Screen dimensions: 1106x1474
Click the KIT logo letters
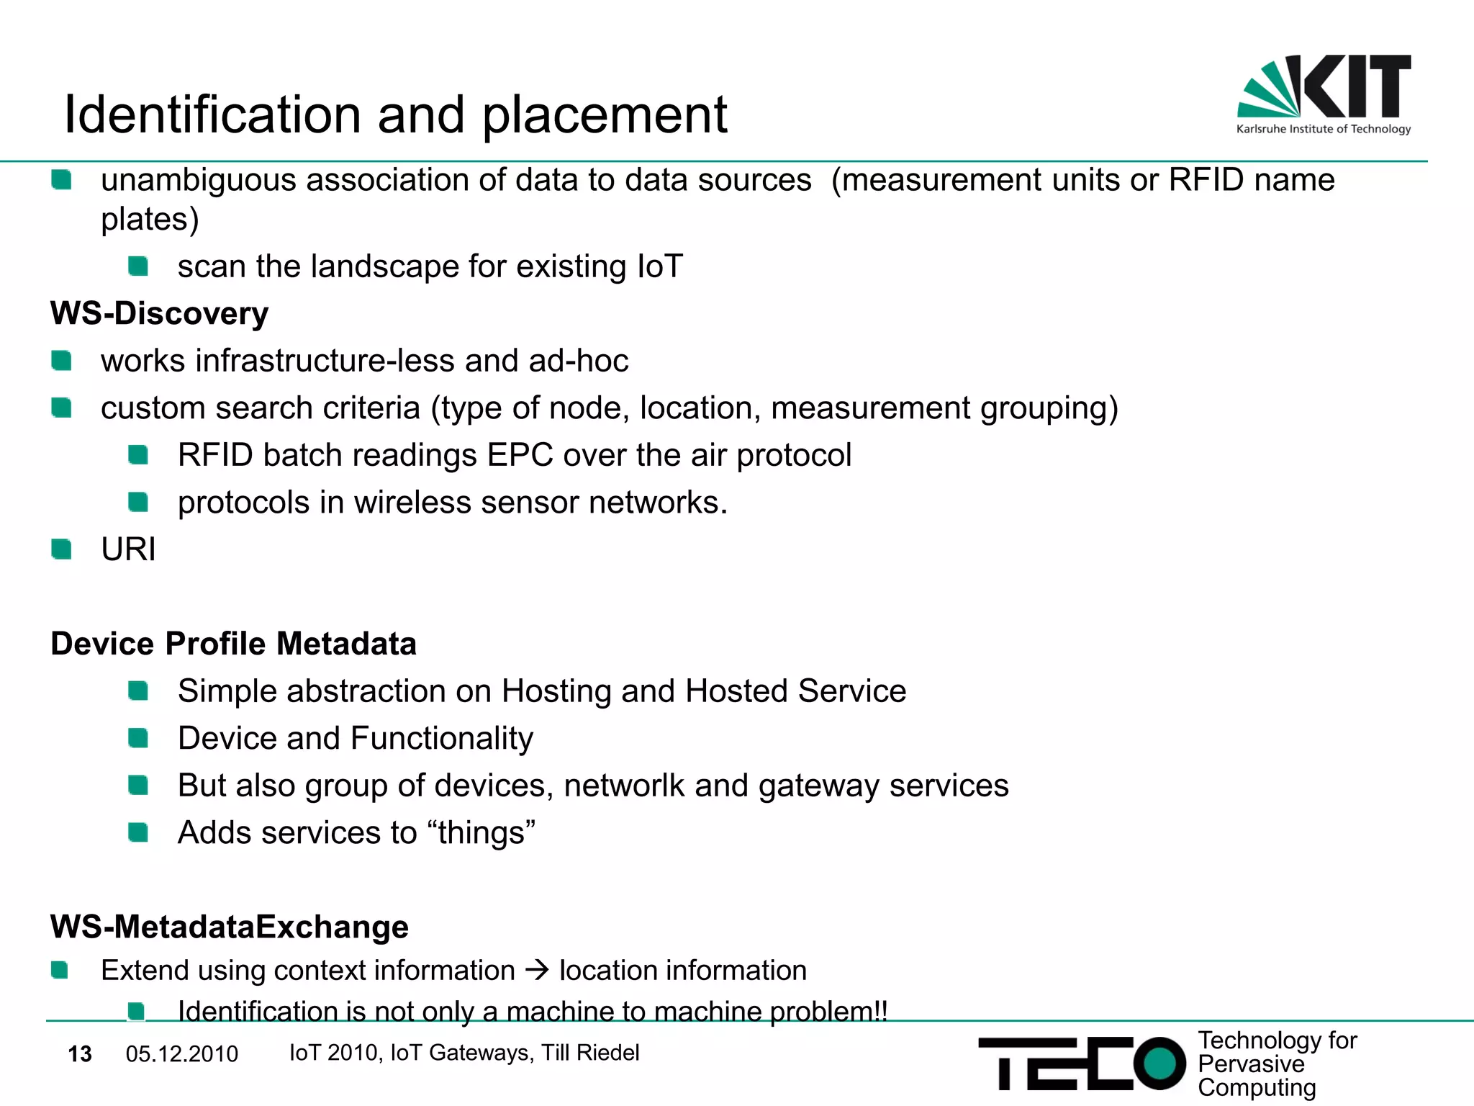[1357, 86]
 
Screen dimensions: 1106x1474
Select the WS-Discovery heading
[159, 314]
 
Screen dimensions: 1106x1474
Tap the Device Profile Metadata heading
[233, 644]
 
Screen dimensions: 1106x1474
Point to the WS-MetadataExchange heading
[229, 927]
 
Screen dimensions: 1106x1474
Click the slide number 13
[80, 1054]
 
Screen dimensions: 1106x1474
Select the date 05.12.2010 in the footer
[181, 1054]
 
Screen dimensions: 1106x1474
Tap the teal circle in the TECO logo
[1159, 1064]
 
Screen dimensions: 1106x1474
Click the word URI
[128, 550]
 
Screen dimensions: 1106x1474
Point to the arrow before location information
[537, 971]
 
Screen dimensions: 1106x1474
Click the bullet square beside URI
[61, 550]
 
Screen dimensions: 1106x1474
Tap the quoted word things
[486, 833]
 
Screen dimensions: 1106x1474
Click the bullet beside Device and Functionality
[137, 738]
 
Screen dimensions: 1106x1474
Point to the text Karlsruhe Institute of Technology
[1323, 130]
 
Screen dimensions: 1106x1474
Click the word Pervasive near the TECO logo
[1250, 1064]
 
